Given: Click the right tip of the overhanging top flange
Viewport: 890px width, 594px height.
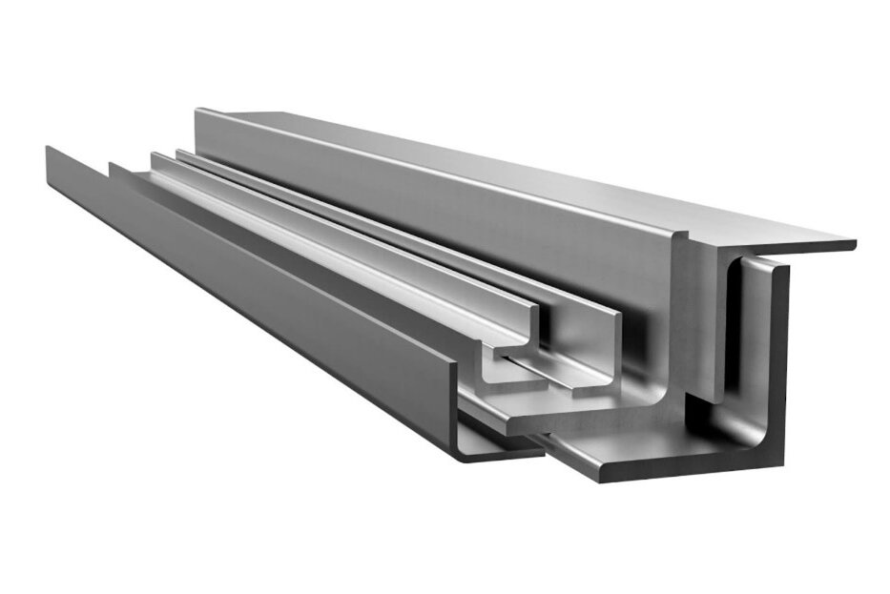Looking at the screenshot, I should point(851,245).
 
